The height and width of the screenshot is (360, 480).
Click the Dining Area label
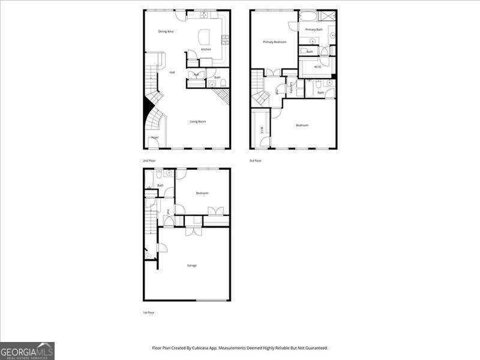[166, 31]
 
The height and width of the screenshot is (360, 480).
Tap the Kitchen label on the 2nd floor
[206, 49]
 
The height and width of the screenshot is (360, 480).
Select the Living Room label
[198, 122]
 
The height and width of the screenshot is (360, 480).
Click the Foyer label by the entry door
[155, 137]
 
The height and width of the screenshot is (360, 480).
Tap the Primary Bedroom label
[274, 42]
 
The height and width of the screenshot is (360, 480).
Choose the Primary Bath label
[313, 29]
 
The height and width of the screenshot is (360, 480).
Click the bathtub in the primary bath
[307, 16]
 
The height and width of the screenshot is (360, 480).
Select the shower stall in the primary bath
[328, 16]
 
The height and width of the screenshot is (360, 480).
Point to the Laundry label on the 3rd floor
[291, 88]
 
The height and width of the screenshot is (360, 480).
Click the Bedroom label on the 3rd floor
[302, 125]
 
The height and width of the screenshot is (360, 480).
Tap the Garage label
[191, 265]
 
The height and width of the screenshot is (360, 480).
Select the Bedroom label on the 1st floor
[202, 193]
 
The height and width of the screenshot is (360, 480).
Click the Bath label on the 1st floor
[160, 185]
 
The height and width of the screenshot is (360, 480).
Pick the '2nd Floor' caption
[149, 161]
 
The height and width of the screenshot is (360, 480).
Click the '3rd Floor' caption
[256, 161]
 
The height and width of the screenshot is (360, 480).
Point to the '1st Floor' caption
[148, 313]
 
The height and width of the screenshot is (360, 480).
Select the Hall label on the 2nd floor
[172, 73]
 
